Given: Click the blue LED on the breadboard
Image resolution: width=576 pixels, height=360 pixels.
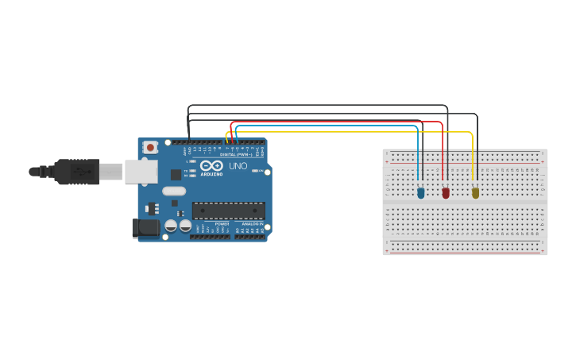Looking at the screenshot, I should coord(420,192).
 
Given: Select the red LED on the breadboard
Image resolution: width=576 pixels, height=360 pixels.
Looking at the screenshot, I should coord(446,192).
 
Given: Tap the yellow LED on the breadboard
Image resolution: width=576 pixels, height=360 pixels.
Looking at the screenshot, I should coord(475,192).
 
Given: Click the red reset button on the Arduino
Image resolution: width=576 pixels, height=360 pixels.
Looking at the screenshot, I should coord(150,147).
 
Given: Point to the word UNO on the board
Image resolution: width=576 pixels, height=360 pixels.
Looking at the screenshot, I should coord(238,166).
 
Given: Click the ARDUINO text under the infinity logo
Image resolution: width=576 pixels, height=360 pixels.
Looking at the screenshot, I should coord(211,173).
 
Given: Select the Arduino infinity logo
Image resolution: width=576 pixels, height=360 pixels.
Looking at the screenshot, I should coord(211,166).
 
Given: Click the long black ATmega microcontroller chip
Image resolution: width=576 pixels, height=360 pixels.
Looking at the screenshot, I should coord(228,211).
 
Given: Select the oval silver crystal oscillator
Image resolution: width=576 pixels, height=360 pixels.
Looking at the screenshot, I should coord(174,191).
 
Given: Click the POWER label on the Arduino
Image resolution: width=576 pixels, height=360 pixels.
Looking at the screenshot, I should coord(222,224).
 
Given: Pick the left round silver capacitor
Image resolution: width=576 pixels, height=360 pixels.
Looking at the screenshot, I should coord(170,226).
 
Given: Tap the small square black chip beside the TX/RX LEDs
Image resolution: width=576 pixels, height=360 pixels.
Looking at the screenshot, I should coord(176,174).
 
